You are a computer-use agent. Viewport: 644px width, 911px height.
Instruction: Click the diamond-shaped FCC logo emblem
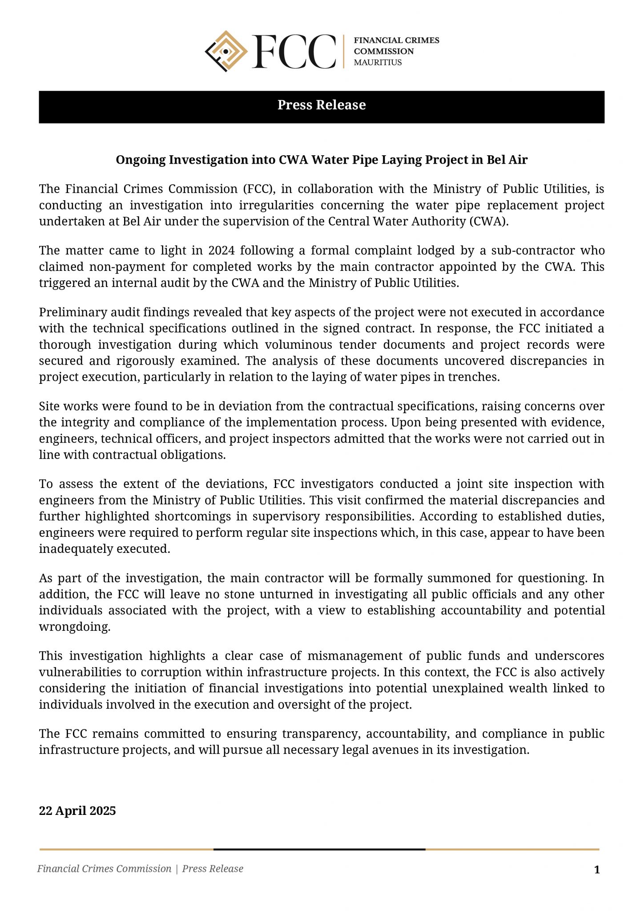pos(226,51)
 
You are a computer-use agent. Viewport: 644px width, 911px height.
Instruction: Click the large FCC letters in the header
pos(294,52)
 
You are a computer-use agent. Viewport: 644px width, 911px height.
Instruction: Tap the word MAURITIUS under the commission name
pos(378,63)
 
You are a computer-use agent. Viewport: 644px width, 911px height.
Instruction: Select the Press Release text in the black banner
pos(322,105)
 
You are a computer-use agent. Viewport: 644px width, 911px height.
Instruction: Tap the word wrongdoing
pos(74,627)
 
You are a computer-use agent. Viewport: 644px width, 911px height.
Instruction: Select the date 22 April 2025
pos(77,810)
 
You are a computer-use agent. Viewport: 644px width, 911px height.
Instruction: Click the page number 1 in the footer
pos(597,869)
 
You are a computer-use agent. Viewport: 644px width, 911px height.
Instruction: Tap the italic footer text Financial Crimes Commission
pos(104,869)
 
